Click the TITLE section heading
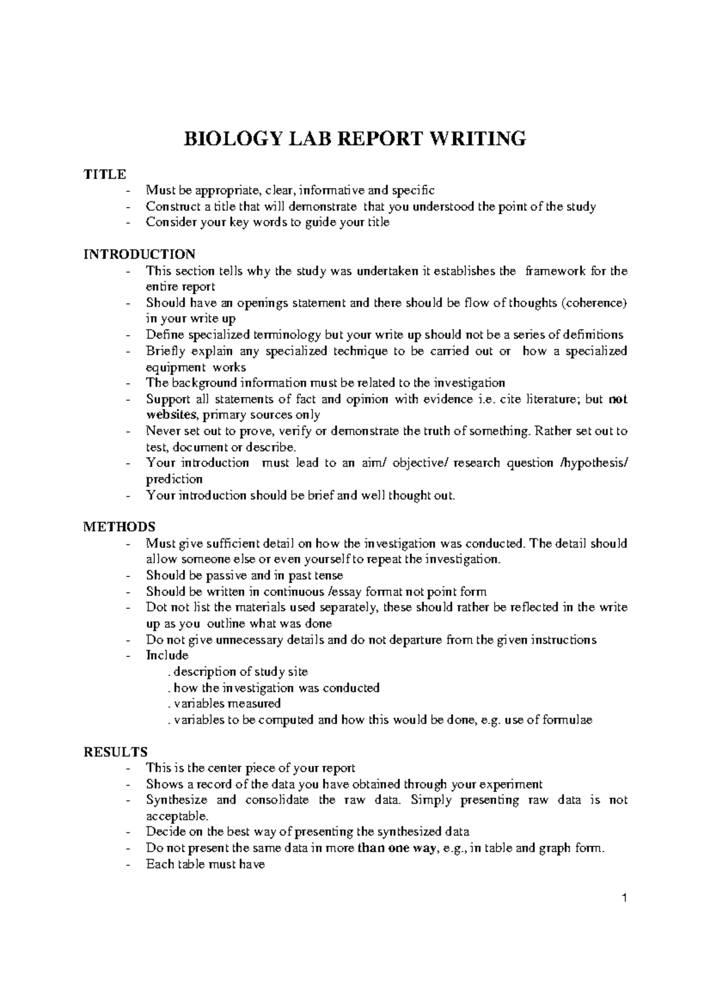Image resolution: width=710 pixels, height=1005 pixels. click(x=105, y=174)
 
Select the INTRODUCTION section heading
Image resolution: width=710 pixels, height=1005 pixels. click(x=140, y=255)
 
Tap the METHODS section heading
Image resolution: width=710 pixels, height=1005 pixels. click(x=120, y=527)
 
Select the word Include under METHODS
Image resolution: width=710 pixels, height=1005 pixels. click(x=167, y=656)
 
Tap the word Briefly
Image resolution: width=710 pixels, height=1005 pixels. click(x=163, y=351)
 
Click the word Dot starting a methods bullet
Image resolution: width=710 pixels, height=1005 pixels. click(x=156, y=607)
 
